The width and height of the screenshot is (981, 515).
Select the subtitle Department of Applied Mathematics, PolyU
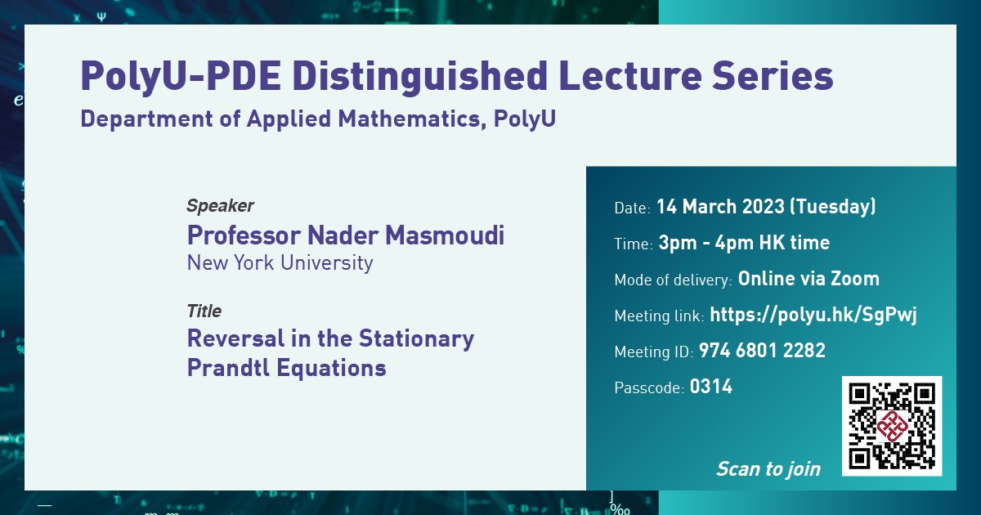(x=318, y=119)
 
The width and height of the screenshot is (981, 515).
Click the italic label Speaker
(x=220, y=206)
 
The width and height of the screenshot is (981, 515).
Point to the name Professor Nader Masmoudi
(x=345, y=235)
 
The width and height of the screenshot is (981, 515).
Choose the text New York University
(x=280, y=263)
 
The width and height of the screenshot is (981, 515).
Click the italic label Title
(x=204, y=311)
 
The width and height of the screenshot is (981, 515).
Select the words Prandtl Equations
(x=286, y=368)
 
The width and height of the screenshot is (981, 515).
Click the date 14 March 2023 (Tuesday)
(x=766, y=207)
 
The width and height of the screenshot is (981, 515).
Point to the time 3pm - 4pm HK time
(x=744, y=243)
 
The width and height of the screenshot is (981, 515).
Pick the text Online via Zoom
(x=809, y=279)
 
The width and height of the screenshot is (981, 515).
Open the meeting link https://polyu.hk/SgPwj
(x=813, y=315)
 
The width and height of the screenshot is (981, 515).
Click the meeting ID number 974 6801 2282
(x=762, y=352)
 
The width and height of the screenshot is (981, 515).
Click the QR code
(x=892, y=426)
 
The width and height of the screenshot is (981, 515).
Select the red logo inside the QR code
(x=892, y=426)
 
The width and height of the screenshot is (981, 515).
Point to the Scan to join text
(x=768, y=468)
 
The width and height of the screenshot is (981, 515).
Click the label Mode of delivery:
(x=673, y=280)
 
